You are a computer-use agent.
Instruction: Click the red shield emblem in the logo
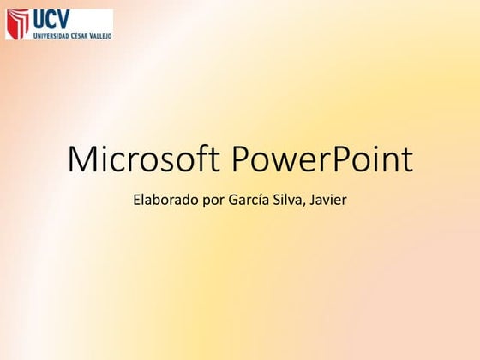(x=17, y=24)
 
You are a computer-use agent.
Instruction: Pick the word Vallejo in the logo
(x=99, y=35)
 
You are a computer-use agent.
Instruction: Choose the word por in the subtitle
(x=209, y=203)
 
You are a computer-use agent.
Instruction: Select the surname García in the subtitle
(x=246, y=201)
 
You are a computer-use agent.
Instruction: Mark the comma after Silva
(x=305, y=207)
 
